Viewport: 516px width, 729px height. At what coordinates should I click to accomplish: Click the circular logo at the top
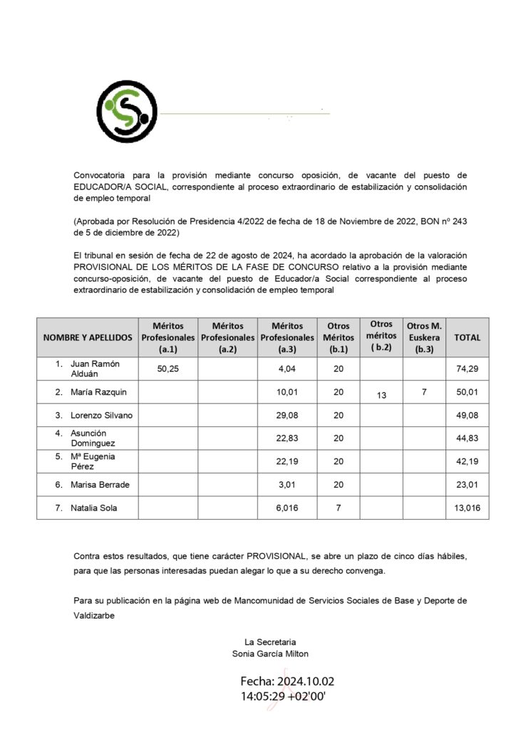[127, 112]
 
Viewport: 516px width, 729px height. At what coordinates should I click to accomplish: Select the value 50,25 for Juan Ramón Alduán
[167, 368]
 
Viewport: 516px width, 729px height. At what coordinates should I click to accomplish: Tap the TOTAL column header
[468, 337]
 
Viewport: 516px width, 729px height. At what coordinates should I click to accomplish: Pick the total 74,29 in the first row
[468, 368]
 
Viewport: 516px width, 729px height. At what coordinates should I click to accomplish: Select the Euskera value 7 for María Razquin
[423, 392]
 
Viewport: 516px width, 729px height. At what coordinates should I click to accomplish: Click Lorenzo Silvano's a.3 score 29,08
[287, 415]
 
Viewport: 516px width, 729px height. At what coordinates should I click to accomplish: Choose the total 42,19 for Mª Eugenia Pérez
[468, 461]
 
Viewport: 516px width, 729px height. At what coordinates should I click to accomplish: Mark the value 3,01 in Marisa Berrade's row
[287, 485]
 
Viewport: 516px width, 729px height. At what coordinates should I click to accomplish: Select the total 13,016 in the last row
[468, 508]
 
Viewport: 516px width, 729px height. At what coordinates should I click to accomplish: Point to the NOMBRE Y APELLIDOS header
[88, 337]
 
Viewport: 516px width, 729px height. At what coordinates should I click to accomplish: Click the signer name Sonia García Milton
[270, 653]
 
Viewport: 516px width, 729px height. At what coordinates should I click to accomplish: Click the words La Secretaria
[270, 641]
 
